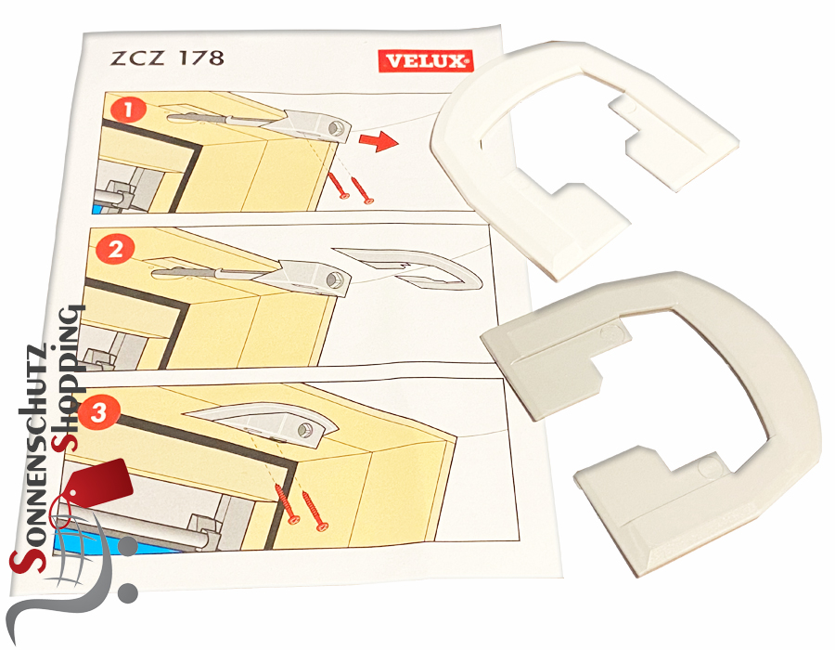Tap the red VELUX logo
tap(426, 62)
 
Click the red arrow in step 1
tap(375, 142)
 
